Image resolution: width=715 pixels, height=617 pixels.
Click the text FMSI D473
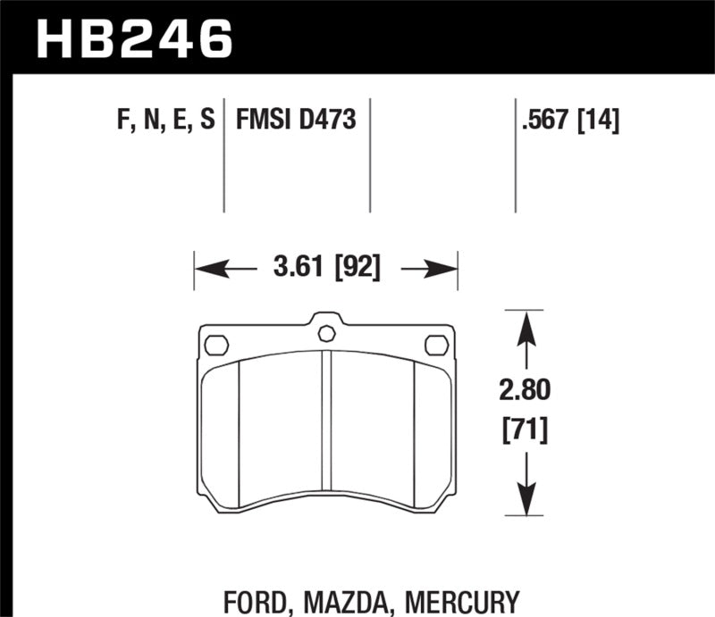click(296, 119)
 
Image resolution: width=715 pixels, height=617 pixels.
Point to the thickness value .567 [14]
click(569, 119)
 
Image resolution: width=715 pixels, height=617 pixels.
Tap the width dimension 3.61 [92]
click(325, 268)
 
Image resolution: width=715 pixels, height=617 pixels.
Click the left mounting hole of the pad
click(217, 343)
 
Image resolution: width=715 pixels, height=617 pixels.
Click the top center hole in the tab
click(326, 334)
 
